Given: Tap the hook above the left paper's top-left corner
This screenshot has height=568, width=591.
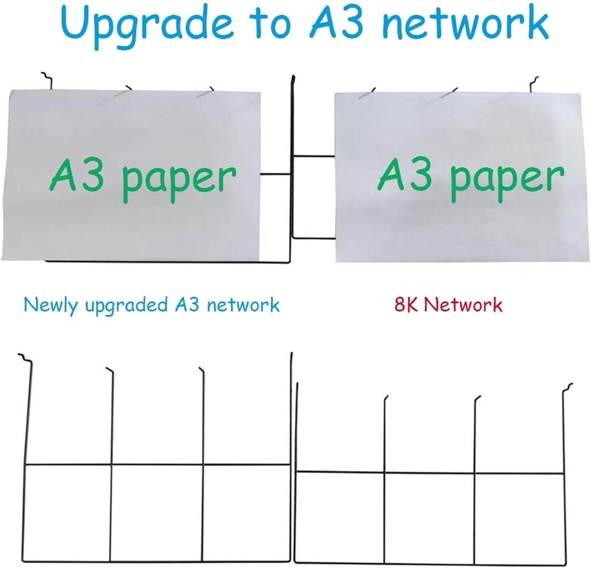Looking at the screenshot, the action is pos(47,80).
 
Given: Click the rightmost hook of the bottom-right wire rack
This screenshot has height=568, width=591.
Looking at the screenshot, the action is pos(567,388).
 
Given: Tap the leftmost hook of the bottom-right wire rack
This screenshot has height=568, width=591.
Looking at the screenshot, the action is pos(386,399).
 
